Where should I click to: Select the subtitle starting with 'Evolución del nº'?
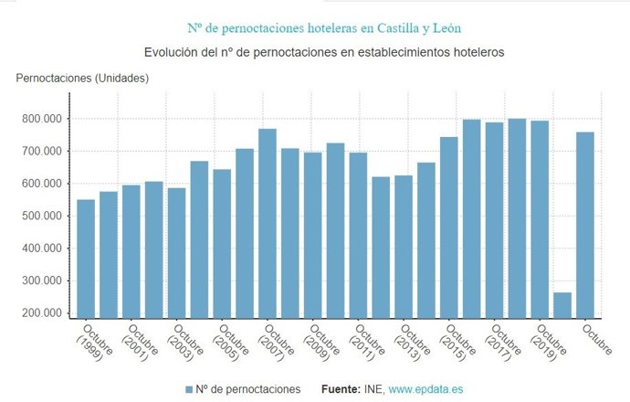point(314,52)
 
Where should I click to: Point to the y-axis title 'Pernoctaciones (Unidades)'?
point(82,78)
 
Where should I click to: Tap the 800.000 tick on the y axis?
point(40,119)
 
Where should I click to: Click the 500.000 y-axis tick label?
point(40,216)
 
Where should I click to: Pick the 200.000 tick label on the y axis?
point(40,313)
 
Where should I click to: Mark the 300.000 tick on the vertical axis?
point(40,280)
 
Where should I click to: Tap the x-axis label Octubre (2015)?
point(457,344)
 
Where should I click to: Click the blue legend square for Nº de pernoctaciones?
point(189,389)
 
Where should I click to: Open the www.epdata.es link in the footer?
point(425,389)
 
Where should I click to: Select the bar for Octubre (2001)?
point(131,250)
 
